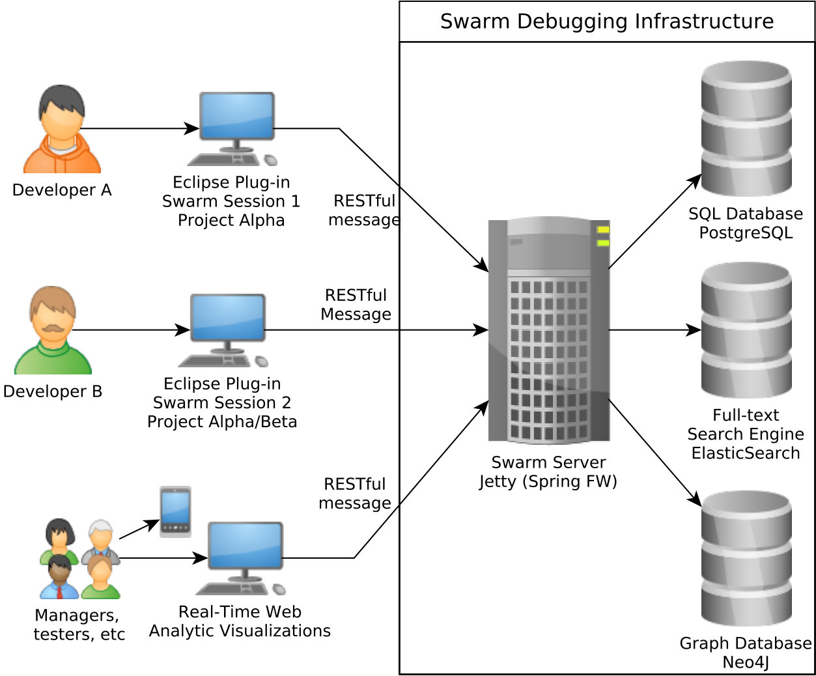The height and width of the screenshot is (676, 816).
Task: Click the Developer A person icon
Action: point(62,129)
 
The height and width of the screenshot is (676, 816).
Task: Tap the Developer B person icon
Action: point(53,330)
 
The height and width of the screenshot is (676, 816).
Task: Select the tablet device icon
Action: point(175,511)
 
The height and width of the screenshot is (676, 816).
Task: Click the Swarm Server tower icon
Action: point(549,330)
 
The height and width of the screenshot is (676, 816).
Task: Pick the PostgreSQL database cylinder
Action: point(746,128)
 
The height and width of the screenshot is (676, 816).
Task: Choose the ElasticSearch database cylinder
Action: point(746,330)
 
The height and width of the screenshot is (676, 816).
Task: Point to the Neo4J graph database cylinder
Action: point(746,559)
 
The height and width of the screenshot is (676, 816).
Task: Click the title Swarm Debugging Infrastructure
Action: point(607,21)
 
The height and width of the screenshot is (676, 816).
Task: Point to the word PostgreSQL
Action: point(746,233)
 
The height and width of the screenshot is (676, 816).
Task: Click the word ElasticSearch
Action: point(746,453)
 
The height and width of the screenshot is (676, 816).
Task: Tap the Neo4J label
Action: point(746,662)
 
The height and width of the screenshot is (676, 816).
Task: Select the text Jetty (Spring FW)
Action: point(548,481)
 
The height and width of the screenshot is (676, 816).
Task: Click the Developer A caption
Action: point(62,190)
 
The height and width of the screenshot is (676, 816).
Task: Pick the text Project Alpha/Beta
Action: point(222,421)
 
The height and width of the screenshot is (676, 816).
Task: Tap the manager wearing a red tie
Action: point(60,577)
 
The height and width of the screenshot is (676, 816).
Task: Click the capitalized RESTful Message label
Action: point(356,304)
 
